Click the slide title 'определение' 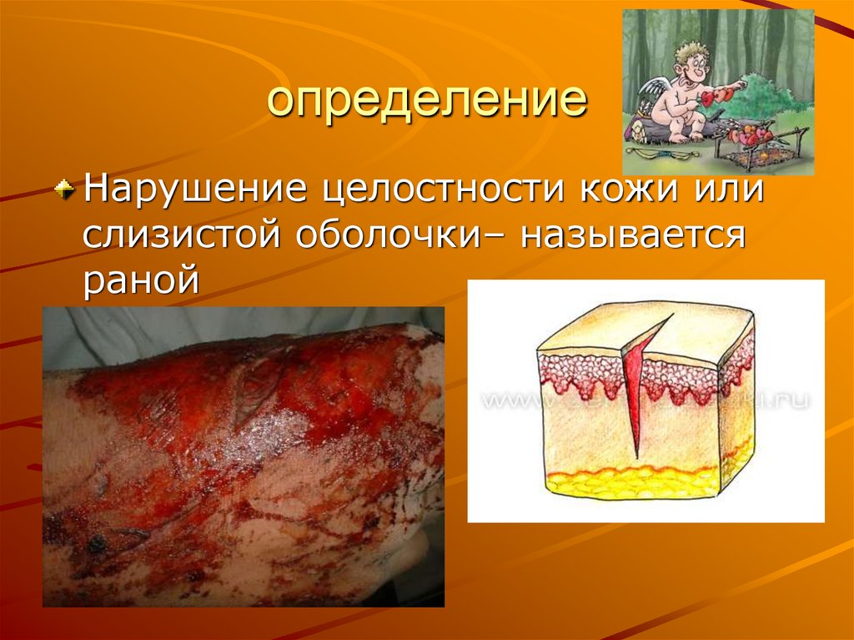pyautogui.click(x=426, y=101)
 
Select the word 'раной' pyautogui.click(x=141, y=280)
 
